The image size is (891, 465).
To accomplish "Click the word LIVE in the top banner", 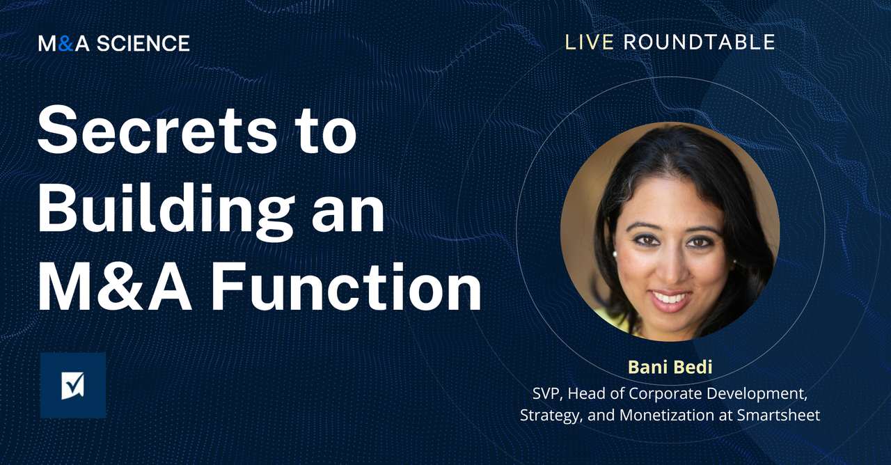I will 589,42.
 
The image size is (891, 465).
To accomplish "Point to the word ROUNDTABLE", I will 699,42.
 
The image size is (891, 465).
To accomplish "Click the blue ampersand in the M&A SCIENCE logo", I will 65,44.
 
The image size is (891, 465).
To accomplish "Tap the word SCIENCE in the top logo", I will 143,44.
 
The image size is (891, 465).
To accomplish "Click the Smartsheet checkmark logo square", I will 72,385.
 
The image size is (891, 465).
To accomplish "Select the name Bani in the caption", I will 643,367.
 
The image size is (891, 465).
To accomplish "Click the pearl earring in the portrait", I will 614,255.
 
